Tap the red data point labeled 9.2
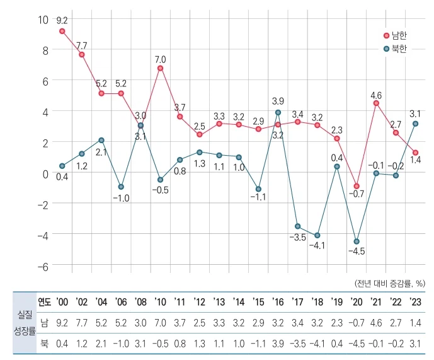pyautogui.click(x=62, y=31)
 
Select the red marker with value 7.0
pyautogui.click(x=160, y=68)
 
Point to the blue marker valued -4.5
pyautogui.click(x=357, y=241)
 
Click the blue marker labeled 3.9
pyautogui.click(x=278, y=113)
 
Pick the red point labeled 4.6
pyautogui.click(x=376, y=103)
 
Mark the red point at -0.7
pyautogui.click(x=357, y=187)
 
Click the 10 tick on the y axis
pyautogui.click(x=43, y=20)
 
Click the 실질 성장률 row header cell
pyautogui.click(x=19, y=323)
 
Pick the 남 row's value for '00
pyautogui.click(x=62, y=322)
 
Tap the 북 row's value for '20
pyautogui.click(x=357, y=343)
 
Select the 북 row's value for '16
pyautogui.click(x=278, y=343)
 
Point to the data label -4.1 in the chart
pyautogui.click(x=317, y=245)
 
